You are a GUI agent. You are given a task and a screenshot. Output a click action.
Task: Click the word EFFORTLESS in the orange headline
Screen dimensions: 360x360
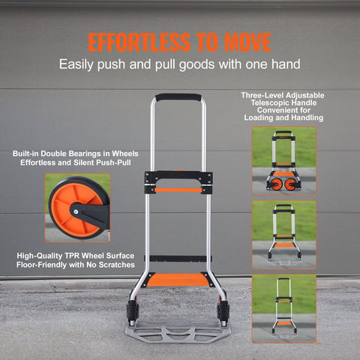pyautogui.click(x=138, y=41)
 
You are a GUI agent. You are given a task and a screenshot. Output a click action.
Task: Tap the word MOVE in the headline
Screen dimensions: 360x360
pyautogui.click(x=244, y=41)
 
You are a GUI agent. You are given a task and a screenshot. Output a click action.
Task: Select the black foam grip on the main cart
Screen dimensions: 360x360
pyautogui.click(x=178, y=97)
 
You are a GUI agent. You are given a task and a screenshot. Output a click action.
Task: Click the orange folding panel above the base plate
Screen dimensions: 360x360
pyautogui.click(x=178, y=280)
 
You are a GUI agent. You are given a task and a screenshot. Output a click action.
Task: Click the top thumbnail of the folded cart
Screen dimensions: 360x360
pyautogui.click(x=283, y=160)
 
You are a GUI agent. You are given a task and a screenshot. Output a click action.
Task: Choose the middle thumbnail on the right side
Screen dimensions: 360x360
pyautogui.click(x=283, y=234)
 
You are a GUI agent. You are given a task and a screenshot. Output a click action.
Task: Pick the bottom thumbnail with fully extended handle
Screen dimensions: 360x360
pyautogui.click(x=283, y=305)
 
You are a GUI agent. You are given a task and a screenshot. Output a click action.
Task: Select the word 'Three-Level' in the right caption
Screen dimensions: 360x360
pyautogui.click(x=262, y=97)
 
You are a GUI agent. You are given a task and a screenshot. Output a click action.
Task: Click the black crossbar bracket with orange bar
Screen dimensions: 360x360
pyautogui.click(x=178, y=181)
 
